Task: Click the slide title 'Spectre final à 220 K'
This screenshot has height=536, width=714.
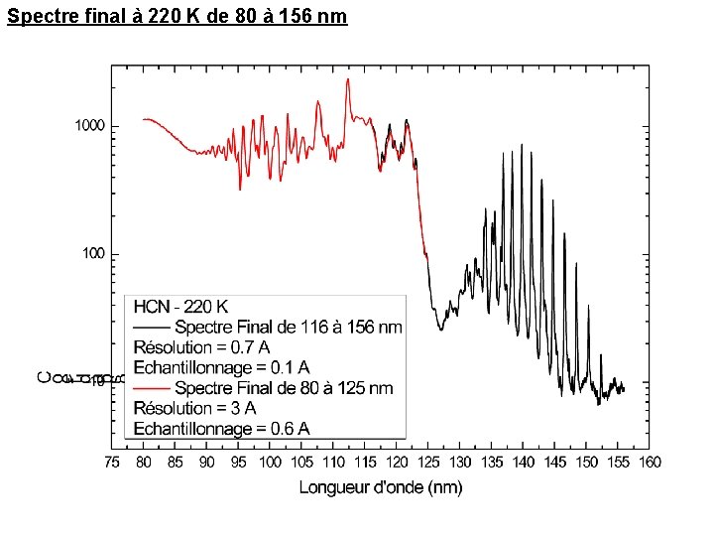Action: click(177, 17)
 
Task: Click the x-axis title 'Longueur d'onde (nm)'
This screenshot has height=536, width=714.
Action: click(381, 486)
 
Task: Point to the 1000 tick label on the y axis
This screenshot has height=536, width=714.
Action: click(89, 126)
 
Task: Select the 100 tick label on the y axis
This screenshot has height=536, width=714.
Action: click(93, 254)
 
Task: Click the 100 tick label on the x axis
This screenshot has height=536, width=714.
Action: click(270, 463)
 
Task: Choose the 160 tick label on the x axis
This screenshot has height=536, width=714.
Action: click(650, 463)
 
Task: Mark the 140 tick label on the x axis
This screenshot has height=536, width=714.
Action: click(524, 463)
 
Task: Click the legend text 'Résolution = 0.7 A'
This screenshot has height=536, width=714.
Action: click(201, 347)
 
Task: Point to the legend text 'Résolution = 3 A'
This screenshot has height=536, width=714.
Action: click(194, 408)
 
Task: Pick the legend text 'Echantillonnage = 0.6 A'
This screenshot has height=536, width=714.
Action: click(221, 429)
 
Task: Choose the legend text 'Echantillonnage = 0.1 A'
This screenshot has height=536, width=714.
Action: click(221, 367)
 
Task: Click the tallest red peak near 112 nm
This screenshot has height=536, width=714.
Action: click(348, 79)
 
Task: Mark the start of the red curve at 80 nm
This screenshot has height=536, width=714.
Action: click(144, 119)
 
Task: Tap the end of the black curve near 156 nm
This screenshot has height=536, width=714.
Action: click(624, 389)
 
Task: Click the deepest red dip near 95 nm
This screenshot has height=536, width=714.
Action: click(240, 189)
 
